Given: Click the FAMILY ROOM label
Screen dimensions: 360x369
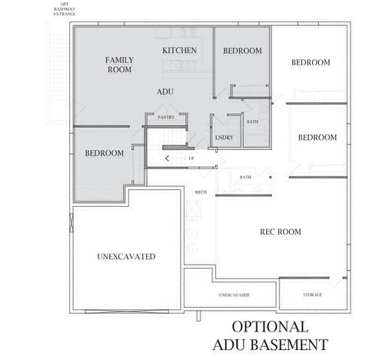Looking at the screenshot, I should pyautogui.click(x=118, y=64).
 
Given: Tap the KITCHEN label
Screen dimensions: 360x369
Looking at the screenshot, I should pyautogui.click(x=180, y=50).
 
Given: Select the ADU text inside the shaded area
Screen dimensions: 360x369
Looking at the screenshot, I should pyautogui.click(x=165, y=92).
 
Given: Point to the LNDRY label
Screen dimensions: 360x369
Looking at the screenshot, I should pyautogui.click(x=225, y=138).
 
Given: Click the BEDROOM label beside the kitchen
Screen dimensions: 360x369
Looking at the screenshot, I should pyautogui.click(x=242, y=51).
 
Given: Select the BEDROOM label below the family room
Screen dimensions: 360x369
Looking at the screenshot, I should pyautogui.click(x=104, y=153).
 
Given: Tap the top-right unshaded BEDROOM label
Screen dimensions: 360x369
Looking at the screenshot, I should pyautogui.click(x=311, y=62).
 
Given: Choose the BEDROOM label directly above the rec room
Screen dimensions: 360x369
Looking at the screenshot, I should pyautogui.click(x=317, y=137).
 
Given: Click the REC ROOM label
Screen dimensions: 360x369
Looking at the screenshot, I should pyautogui.click(x=280, y=232).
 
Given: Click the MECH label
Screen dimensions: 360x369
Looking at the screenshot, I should pyautogui.click(x=201, y=192).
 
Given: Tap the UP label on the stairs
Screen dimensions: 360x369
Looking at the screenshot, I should pyautogui.click(x=191, y=158).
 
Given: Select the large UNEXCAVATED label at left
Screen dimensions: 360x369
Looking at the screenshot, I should pyautogui.click(x=127, y=256).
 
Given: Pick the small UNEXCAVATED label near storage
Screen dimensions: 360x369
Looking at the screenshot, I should pyautogui.click(x=233, y=295).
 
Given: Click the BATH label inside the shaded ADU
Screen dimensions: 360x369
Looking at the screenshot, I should pyautogui.click(x=252, y=122).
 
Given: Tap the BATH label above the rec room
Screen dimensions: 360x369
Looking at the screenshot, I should pyautogui.click(x=245, y=177).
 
